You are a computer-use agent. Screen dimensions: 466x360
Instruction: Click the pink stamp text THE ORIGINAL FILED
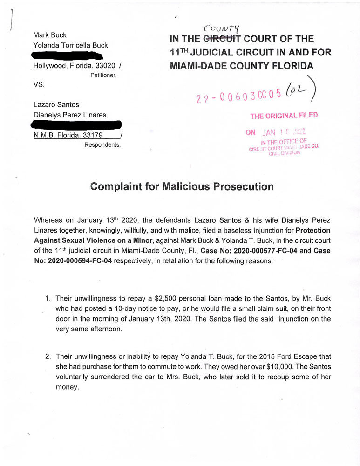tap(284, 115)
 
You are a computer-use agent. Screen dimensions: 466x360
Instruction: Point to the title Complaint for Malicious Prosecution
tap(182, 187)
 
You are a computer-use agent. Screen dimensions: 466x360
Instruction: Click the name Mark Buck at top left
tap(50, 35)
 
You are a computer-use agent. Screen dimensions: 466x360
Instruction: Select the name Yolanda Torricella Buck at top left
tap(70, 45)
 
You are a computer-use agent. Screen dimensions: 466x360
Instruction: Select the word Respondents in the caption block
tap(102, 144)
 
